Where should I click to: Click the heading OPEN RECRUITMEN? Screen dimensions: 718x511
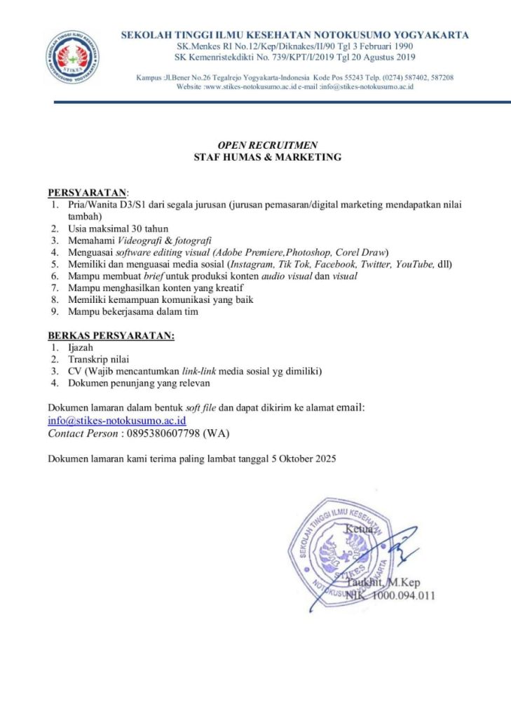click(x=268, y=145)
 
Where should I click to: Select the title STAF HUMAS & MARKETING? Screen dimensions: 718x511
click(x=268, y=157)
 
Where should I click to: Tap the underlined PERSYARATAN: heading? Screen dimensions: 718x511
click(x=88, y=192)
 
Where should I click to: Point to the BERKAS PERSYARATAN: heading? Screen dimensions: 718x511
click(x=111, y=336)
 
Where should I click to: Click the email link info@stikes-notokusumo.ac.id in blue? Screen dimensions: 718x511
click(x=116, y=421)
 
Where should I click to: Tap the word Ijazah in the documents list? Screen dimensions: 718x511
click(x=81, y=348)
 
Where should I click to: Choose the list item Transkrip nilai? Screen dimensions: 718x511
click(x=99, y=360)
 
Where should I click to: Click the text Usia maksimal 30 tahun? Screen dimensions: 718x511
click(x=118, y=229)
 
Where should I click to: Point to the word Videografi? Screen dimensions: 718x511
click(x=137, y=241)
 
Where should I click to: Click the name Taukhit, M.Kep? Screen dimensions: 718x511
click(x=381, y=583)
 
